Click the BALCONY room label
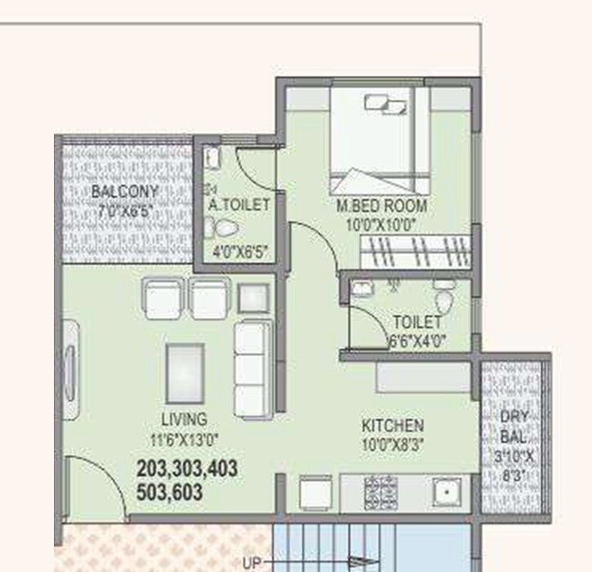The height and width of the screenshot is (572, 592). click(124, 192)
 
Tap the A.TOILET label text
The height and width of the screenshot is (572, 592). click(238, 206)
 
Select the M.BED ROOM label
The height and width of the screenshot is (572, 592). click(382, 206)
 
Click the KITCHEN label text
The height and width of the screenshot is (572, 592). click(393, 426)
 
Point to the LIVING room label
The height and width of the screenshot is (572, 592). click(184, 419)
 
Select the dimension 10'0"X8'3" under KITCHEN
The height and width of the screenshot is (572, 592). click(393, 445)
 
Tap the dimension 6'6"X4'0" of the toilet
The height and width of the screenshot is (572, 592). click(416, 342)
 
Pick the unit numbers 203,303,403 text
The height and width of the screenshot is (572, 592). click(188, 469)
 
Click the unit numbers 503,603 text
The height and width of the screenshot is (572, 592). click(170, 493)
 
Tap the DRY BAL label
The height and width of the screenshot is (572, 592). click(514, 425)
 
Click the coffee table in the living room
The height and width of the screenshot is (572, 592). click(185, 373)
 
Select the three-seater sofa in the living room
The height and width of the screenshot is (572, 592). click(253, 369)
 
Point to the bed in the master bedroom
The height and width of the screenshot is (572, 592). click(379, 139)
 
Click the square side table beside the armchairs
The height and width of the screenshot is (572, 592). click(254, 298)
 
